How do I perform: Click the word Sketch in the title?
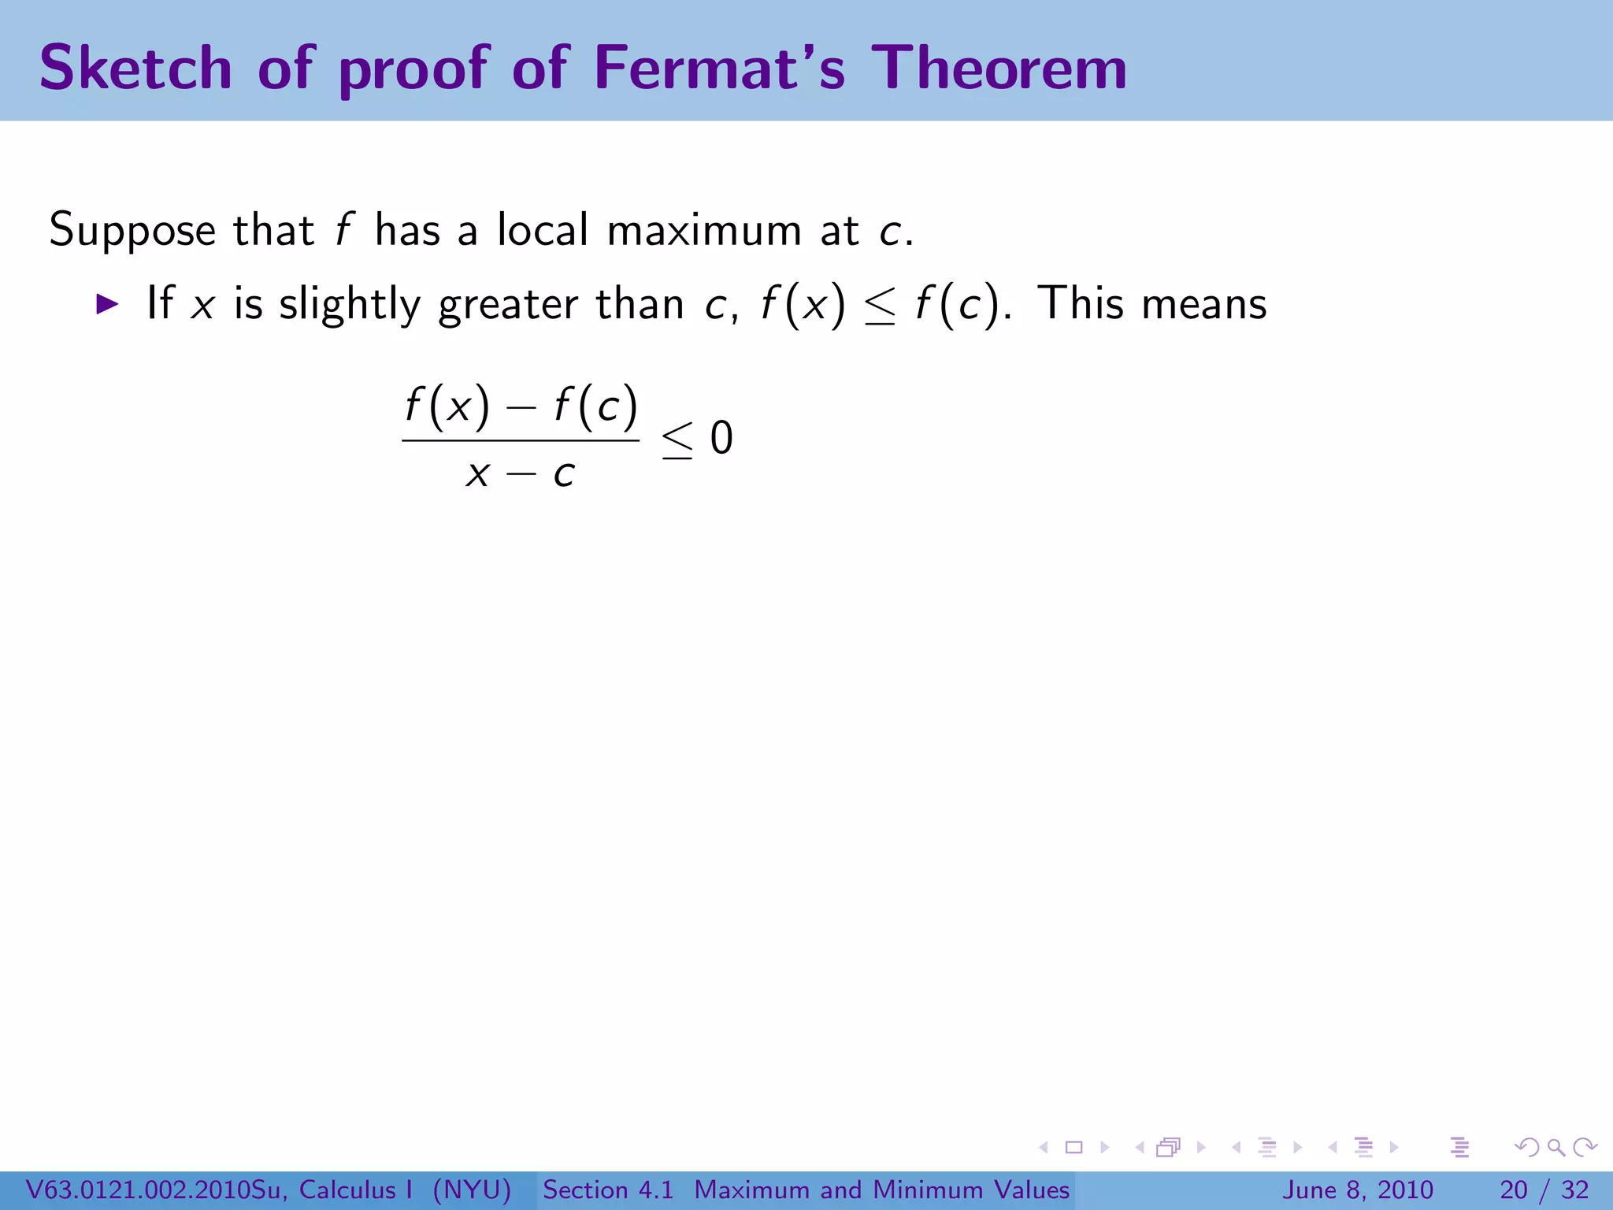(x=135, y=68)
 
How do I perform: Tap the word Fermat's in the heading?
(x=719, y=68)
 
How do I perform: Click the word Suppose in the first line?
(x=132, y=232)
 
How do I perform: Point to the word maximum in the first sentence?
(x=704, y=230)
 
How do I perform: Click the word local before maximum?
(x=543, y=230)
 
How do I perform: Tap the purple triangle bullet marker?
(x=107, y=304)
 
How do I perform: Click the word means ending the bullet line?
(x=1204, y=304)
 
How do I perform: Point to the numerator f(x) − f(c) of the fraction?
(x=521, y=406)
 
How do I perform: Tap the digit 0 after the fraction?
(x=721, y=438)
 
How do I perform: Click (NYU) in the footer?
(x=472, y=1190)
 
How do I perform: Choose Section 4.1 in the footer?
(x=608, y=1190)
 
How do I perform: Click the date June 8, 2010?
(x=1359, y=1190)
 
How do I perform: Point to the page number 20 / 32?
(x=1544, y=1190)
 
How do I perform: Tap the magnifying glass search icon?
(x=1556, y=1147)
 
